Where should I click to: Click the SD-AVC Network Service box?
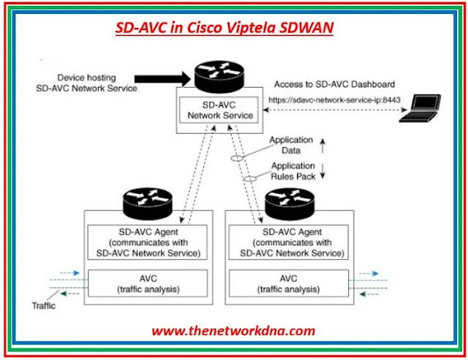220,110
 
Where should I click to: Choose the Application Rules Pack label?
292,170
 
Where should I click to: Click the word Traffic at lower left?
44,307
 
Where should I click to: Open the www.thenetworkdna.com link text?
233,331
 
